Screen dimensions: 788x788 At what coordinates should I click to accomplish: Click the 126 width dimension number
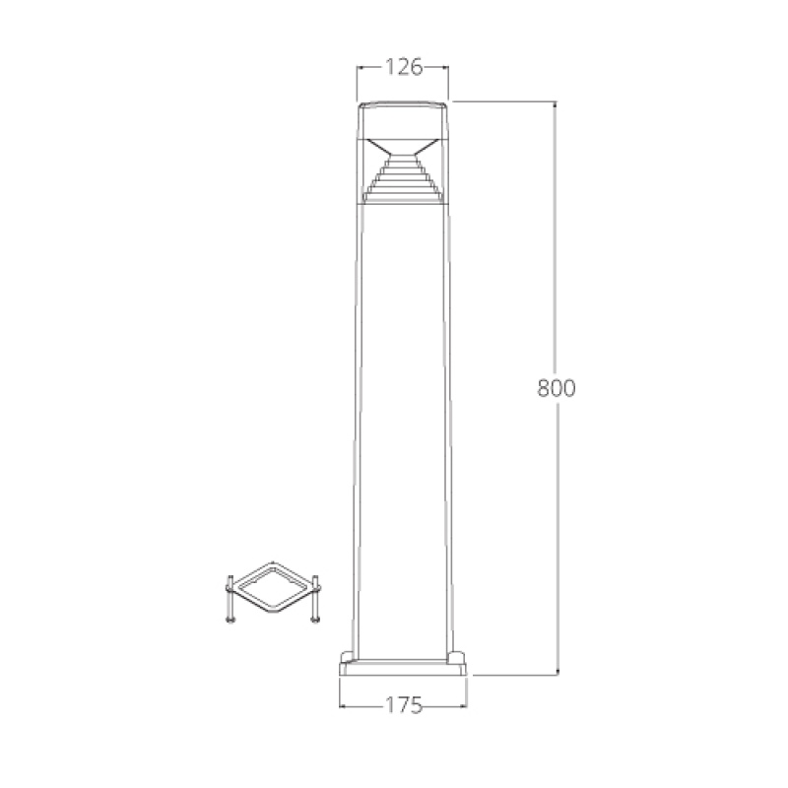403,67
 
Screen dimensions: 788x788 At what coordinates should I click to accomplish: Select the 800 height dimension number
556,387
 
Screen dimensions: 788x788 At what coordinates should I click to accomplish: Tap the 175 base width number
403,705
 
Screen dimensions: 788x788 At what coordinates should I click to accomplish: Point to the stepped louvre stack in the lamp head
403,182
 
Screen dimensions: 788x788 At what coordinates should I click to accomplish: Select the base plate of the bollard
403,670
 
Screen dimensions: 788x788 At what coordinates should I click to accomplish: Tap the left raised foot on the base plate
348,654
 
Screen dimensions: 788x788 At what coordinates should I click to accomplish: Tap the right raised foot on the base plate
458,654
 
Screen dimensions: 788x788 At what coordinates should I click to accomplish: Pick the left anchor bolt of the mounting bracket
230,602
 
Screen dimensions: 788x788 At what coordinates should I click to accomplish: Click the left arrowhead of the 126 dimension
360,67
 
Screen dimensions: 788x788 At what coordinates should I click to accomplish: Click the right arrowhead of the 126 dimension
446,67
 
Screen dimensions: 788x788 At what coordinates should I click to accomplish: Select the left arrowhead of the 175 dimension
343,705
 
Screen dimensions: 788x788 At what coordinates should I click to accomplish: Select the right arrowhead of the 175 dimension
464,705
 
